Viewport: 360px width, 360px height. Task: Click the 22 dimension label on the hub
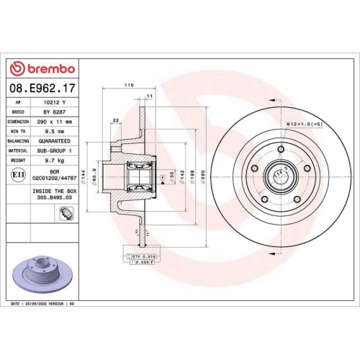pos(116,120)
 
